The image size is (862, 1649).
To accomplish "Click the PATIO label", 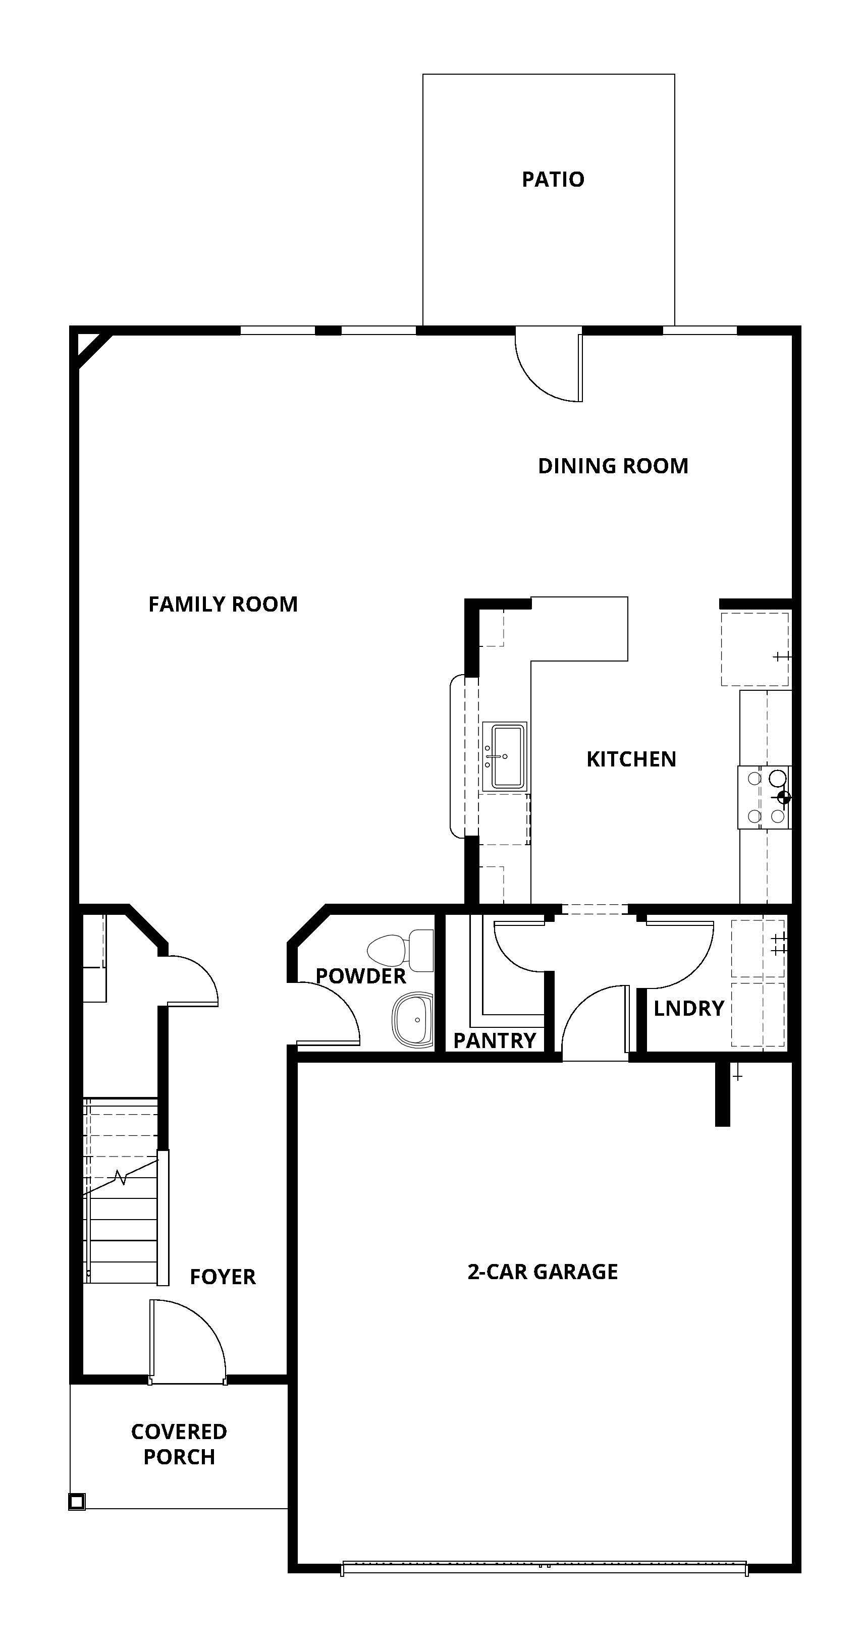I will click(x=553, y=179).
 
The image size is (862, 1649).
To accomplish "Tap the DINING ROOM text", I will click(x=613, y=466).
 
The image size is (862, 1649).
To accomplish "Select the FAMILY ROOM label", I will click(x=223, y=604).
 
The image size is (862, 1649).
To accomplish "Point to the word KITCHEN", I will click(x=631, y=759).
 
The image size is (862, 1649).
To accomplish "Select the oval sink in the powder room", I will click(x=413, y=1020).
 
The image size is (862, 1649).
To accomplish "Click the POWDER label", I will click(x=360, y=976).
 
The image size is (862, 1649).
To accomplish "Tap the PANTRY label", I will click(x=495, y=1041).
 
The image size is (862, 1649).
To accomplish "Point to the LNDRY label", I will click(x=688, y=1009).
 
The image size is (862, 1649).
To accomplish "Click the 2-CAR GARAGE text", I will click(x=543, y=1272).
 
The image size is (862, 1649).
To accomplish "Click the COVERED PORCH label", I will click(x=179, y=1444).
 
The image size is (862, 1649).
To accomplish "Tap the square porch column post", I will click(x=77, y=1501).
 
